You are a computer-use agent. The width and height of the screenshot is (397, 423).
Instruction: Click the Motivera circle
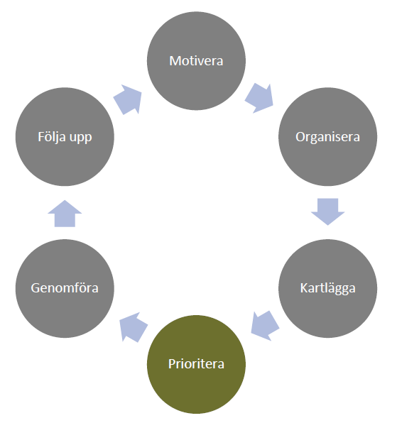click(196, 61)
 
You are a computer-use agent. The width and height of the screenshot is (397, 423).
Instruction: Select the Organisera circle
click(327, 136)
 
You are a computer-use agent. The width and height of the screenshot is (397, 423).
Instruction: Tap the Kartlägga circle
click(327, 288)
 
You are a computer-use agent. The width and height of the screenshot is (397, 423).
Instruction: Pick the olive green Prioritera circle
click(196, 364)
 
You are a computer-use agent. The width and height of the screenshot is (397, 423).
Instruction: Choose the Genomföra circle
click(65, 288)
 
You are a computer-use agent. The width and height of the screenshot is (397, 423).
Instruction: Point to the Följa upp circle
click(65, 136)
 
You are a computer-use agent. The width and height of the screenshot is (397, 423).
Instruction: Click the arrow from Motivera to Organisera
click(260, 98)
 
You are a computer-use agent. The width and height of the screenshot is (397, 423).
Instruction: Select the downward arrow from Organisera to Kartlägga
click(327, 211)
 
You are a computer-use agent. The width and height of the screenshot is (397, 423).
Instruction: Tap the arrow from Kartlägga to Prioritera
click(265, 326)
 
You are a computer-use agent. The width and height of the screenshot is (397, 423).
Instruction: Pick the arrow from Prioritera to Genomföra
click(134, 327)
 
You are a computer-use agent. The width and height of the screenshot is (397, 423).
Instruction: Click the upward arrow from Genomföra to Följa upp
click(65, 214)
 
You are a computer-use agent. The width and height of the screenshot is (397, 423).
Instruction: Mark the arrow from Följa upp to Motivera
click(128, 99)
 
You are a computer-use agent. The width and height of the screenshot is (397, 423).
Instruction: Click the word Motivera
click(196, 61)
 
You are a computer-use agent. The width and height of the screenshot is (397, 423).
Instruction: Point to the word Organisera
click(327, 137)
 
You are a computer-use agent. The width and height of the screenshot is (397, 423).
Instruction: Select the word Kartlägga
click(327, 288)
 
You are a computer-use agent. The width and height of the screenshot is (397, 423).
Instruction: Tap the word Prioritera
click(196, 364)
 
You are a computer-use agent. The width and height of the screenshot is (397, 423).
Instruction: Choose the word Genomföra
click(65, 288)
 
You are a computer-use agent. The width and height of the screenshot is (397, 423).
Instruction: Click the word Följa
click(52, 137)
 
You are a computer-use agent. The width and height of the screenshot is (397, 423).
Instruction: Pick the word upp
click(81, 138)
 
